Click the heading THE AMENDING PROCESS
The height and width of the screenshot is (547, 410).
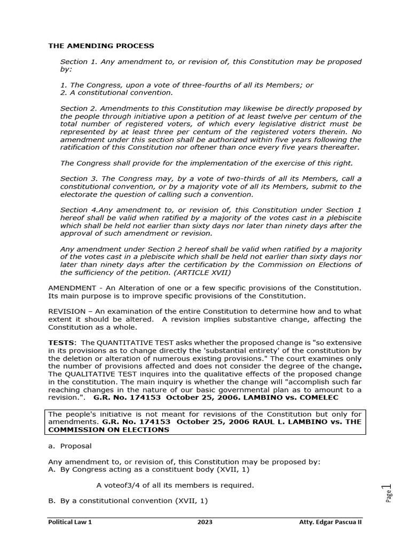pos(101,46)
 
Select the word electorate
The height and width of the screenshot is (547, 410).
pos(78,194)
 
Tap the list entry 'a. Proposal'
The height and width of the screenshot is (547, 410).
pos(70,446)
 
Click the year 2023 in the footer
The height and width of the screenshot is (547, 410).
pos(204,522)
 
